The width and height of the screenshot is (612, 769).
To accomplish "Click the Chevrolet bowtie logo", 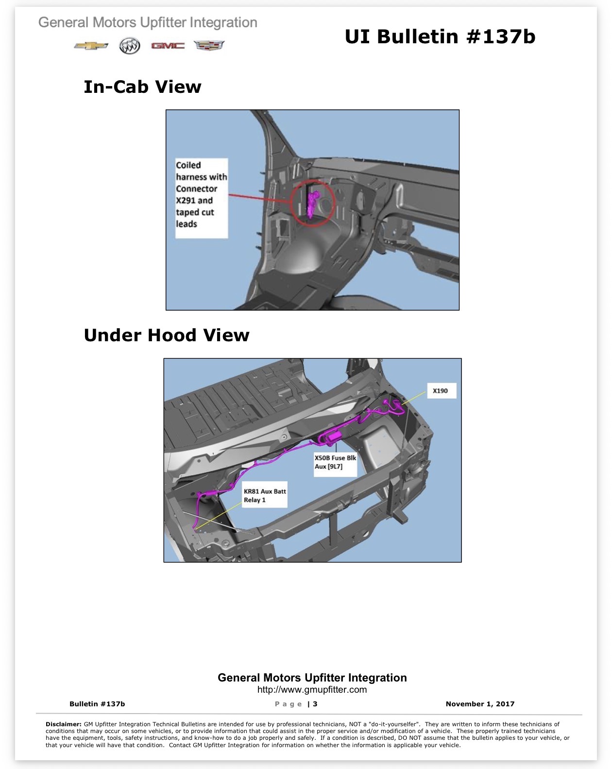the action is pos(91,45).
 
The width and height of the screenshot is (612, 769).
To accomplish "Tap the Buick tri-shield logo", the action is pos(130,45).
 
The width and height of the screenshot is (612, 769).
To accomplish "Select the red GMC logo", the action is pos(168,46).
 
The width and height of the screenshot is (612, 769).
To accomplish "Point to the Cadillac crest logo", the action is pos(209,45).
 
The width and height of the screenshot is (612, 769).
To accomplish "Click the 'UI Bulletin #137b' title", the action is pos(440,36).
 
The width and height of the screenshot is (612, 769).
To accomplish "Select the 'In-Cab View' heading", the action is pos(142,87).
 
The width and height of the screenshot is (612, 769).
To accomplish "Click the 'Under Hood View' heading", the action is pos(167,335).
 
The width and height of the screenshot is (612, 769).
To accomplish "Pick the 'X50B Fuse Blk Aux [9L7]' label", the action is pos(335,462).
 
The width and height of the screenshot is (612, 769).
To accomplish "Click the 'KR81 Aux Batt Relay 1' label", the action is pos(265,496).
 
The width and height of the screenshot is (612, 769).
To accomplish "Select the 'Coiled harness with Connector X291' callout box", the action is pos(202,198).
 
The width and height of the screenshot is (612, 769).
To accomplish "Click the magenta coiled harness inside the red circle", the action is pos(313,204).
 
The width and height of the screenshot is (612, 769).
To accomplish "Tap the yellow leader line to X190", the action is pos(414,398).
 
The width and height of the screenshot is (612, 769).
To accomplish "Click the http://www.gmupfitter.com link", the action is pos(312,689).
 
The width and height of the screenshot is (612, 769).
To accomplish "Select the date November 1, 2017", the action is pos(480,703).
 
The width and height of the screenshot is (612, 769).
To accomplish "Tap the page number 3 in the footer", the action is pos(315,703).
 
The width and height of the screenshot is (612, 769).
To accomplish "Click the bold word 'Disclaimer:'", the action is pos(64,724).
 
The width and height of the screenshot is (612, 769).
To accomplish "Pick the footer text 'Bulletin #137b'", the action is pos(97,703).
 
